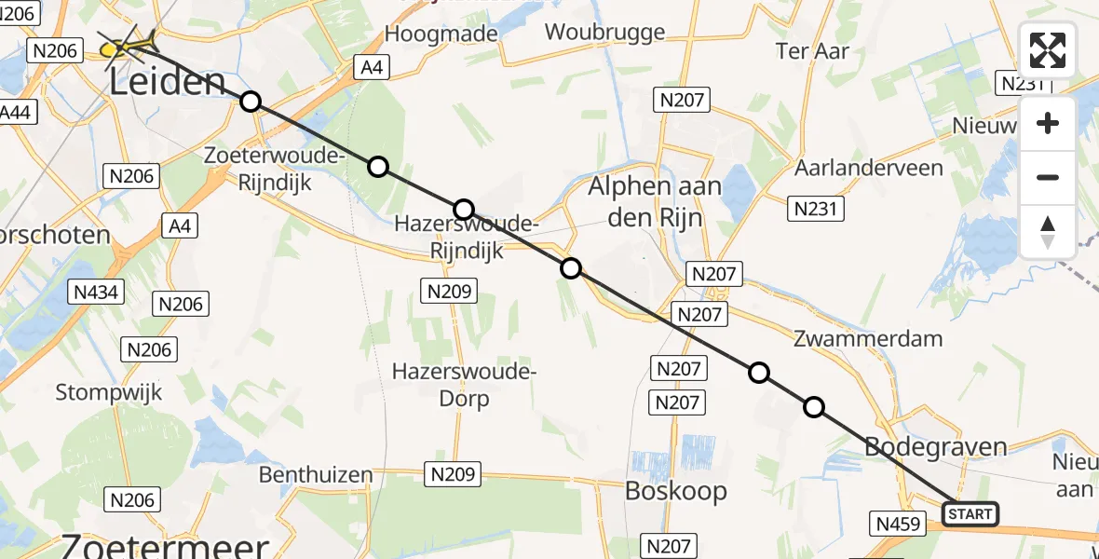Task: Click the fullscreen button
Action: tap(1048, 50)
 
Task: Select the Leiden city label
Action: tap(168, 82)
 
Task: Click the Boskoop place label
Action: tap(676, 491)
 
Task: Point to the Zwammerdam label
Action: tap(867, 338)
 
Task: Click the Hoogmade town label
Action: tap(441, 34)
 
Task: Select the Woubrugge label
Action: tap(604, 32)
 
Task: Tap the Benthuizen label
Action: tap(315, 475)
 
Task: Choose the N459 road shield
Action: tap(896, 524)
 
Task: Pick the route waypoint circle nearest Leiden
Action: tap(250, 102)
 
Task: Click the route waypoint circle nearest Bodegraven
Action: tap(814, 407)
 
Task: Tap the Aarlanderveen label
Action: tap(868, 169)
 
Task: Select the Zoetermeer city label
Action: tap(166, 546)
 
